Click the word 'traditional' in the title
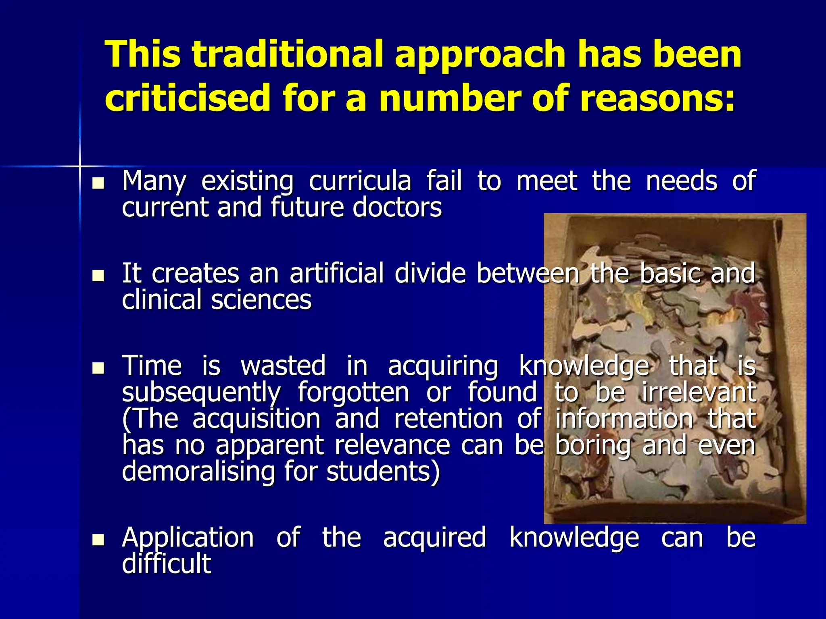tap(288, 54)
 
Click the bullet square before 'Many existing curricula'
tap(98, 184)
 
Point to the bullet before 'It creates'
tap(98, 276)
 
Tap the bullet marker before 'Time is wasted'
tap(98, 368)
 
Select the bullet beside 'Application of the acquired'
tap(98, 540)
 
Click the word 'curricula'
tap(360, 181)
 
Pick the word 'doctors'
tap(397, 208)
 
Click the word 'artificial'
tap(337, 274)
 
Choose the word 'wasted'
tap(283, 366)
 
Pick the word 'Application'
tap(188, 538)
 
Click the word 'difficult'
tap(167, 564)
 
